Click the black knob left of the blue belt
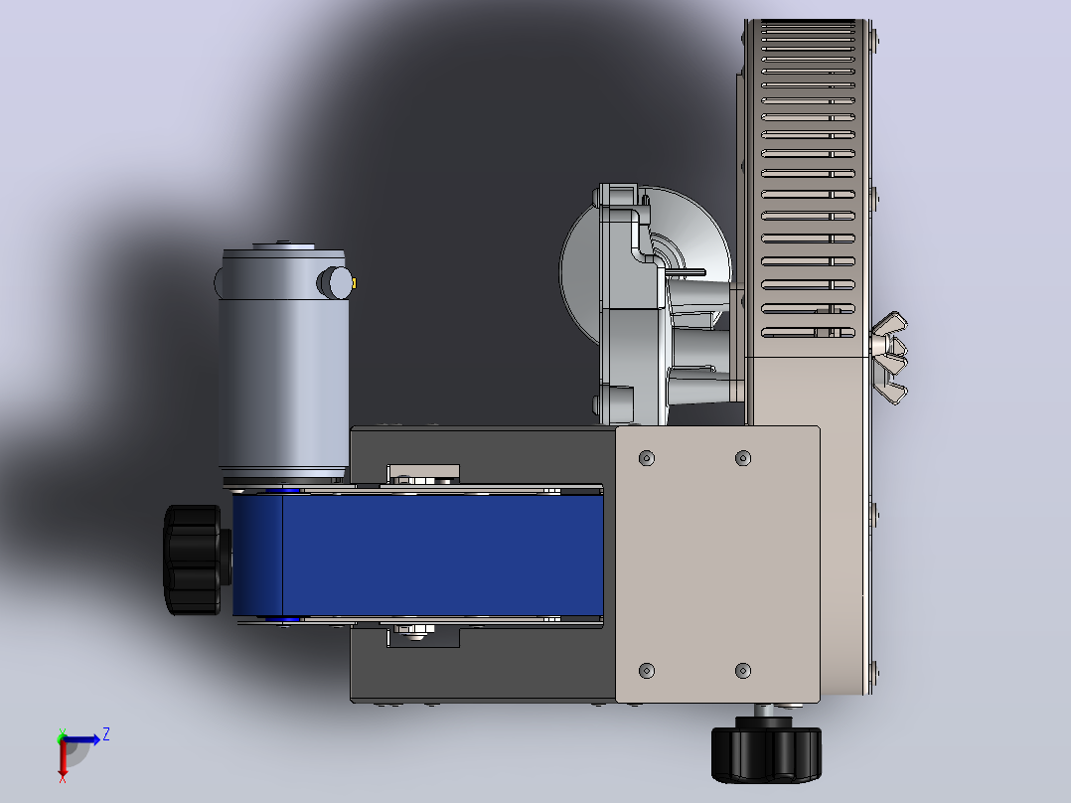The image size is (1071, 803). pyautogui.click(x=193, y=560)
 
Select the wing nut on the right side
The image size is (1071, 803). pyautogui.click(x=889, y=358)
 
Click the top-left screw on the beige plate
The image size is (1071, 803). pyautogui.click(x=646, y=458)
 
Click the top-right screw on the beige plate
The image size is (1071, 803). pyautogui.click(x=743, y=458)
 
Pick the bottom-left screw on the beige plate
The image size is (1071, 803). pyautogui.click(x=646, y=671)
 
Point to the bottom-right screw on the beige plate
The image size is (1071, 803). pyautogui.click(x=743, y=671)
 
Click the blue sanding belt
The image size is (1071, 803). pyautogui.click(x=418, y=555)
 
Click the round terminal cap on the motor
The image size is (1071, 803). pyautogui.click(x=335, y=283)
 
